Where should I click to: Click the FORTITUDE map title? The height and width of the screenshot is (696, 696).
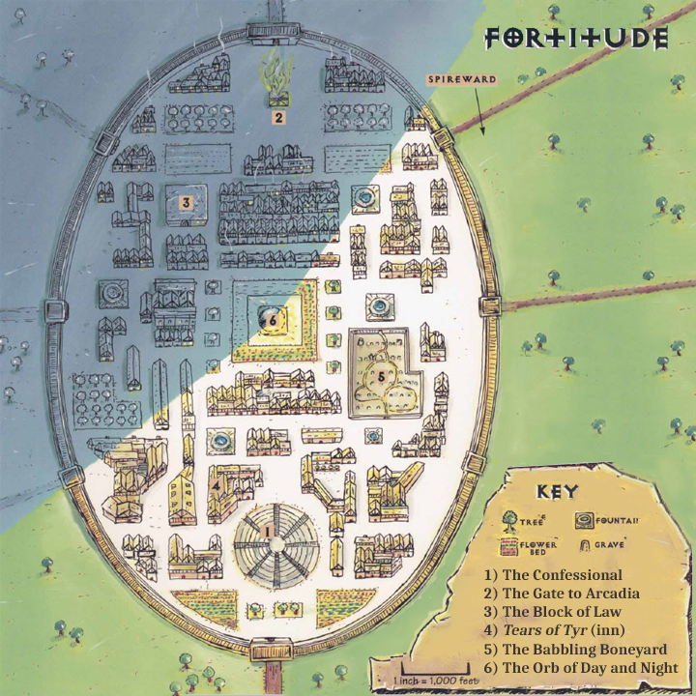(576, 39)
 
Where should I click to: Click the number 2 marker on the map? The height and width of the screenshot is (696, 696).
(277, 118)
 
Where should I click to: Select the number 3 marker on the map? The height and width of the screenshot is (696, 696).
(184, 202)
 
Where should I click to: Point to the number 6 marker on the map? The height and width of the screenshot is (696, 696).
(273, 317)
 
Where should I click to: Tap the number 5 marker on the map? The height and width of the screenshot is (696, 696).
(381, 375)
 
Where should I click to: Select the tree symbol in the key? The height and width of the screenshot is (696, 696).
(509, 519)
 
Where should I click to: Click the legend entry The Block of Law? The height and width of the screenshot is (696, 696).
(553, 611)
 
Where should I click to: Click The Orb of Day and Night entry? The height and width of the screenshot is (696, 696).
(582, 668)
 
